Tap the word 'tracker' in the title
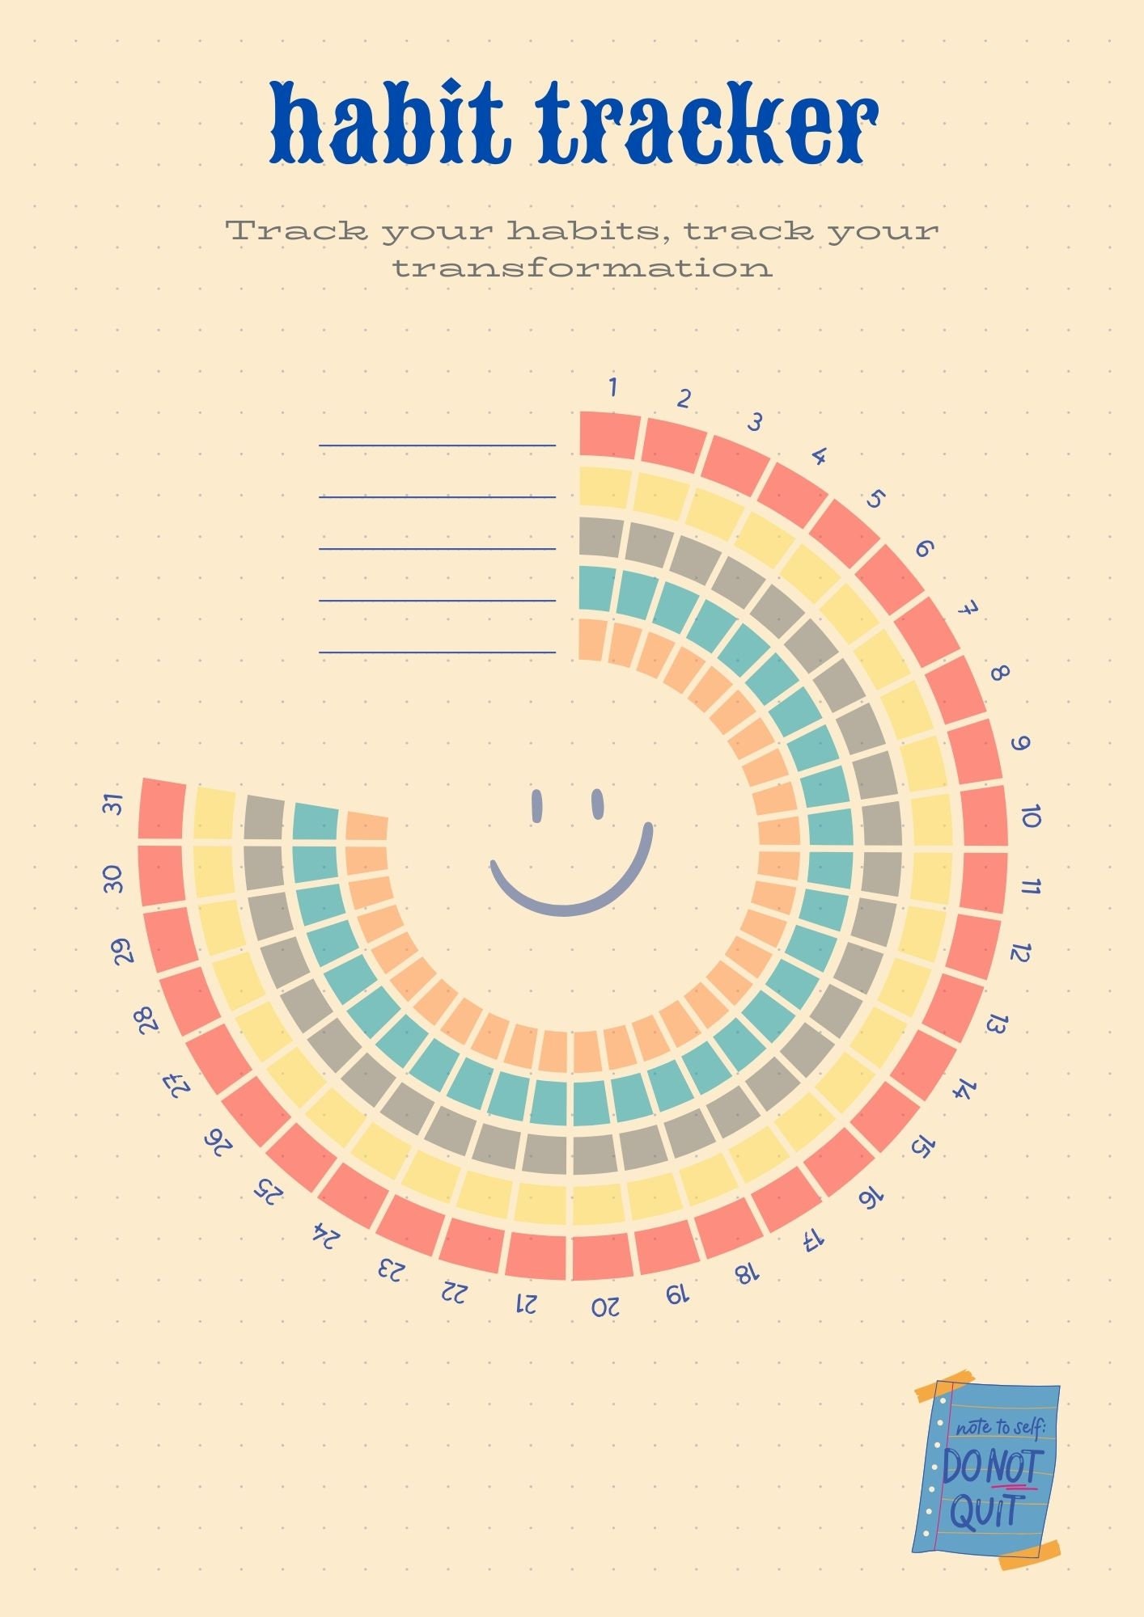point(710,123)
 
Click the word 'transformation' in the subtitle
point(583,268)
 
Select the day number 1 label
point(613,388)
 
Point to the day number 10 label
point(1030,817)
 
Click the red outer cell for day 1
point(609,436)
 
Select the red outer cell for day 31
point(162,808)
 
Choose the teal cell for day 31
point(316,821)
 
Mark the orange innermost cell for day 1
point(593,640)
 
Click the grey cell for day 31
point(265,817)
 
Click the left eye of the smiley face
point(536,805)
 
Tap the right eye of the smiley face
point(598,804)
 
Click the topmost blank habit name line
point(437,445)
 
